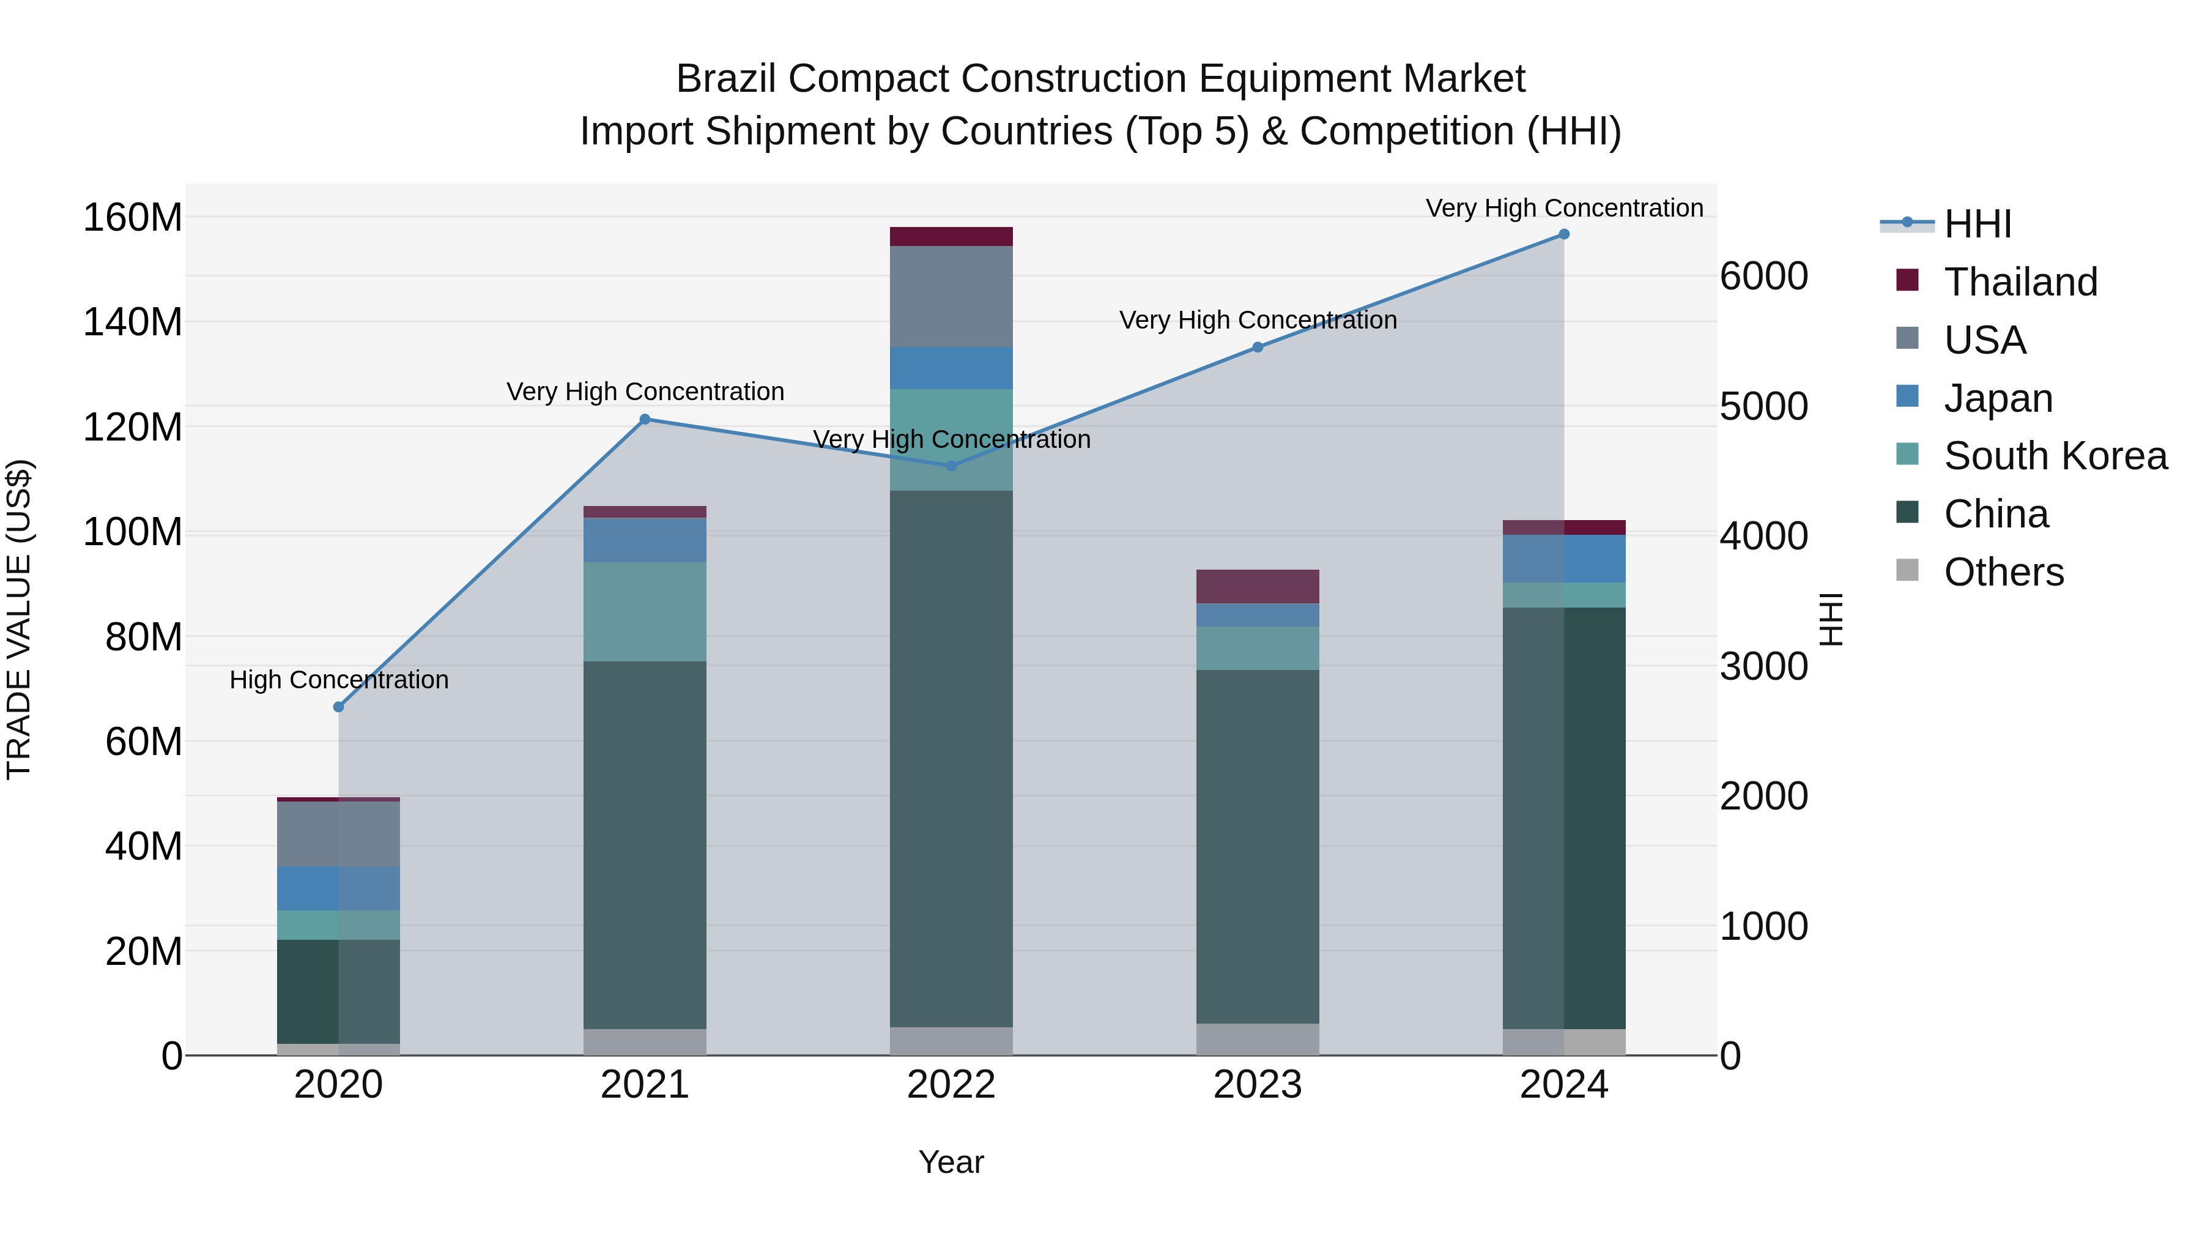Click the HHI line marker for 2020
(338, 707)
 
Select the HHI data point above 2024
(1564, 234)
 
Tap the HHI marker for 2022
(951, 466)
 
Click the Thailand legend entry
(2019, 282)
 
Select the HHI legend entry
(1976, 224)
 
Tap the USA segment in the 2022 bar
(951, 296)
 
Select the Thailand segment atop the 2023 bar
(1258, 587)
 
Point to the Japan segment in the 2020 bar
(338, 888)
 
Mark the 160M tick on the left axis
(133, 217)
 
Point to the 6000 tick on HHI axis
(1763, 276)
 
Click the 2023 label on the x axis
(1258, 1085)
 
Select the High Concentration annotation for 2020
(338, 680)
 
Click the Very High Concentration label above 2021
(645, 392)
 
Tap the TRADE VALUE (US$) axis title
(19, 619)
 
